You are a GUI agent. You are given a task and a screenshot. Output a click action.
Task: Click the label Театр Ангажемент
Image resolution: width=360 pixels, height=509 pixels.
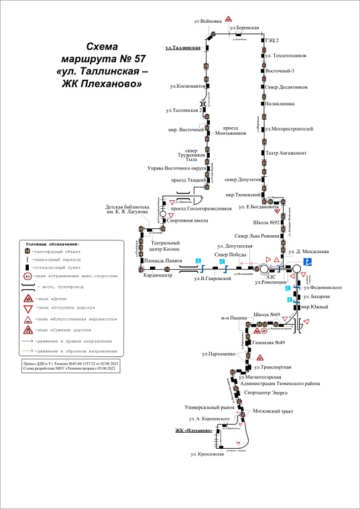pyautogui.click(x=287, y=153)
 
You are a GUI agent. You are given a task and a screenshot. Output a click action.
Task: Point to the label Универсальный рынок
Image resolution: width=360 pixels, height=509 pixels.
pyautogui.click(x=211, y=407)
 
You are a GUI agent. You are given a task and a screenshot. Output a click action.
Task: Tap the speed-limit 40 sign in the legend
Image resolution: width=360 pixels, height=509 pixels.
pyautogui.click(x=27, y=275)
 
